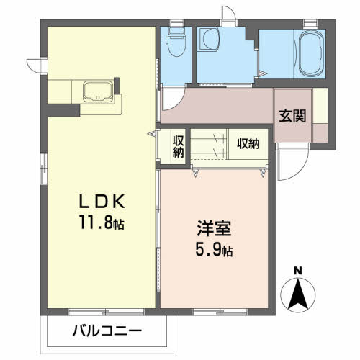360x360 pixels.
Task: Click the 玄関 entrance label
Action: (x=292, y=114)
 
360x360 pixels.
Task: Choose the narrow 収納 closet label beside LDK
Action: (x=178, y=146)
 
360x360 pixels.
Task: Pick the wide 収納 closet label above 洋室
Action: (x=248, y=143)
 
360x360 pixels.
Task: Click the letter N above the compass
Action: (x=297, y=271)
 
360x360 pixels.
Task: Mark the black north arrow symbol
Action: (x=297, y=293)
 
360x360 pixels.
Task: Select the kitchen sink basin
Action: (x=96, y=92)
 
